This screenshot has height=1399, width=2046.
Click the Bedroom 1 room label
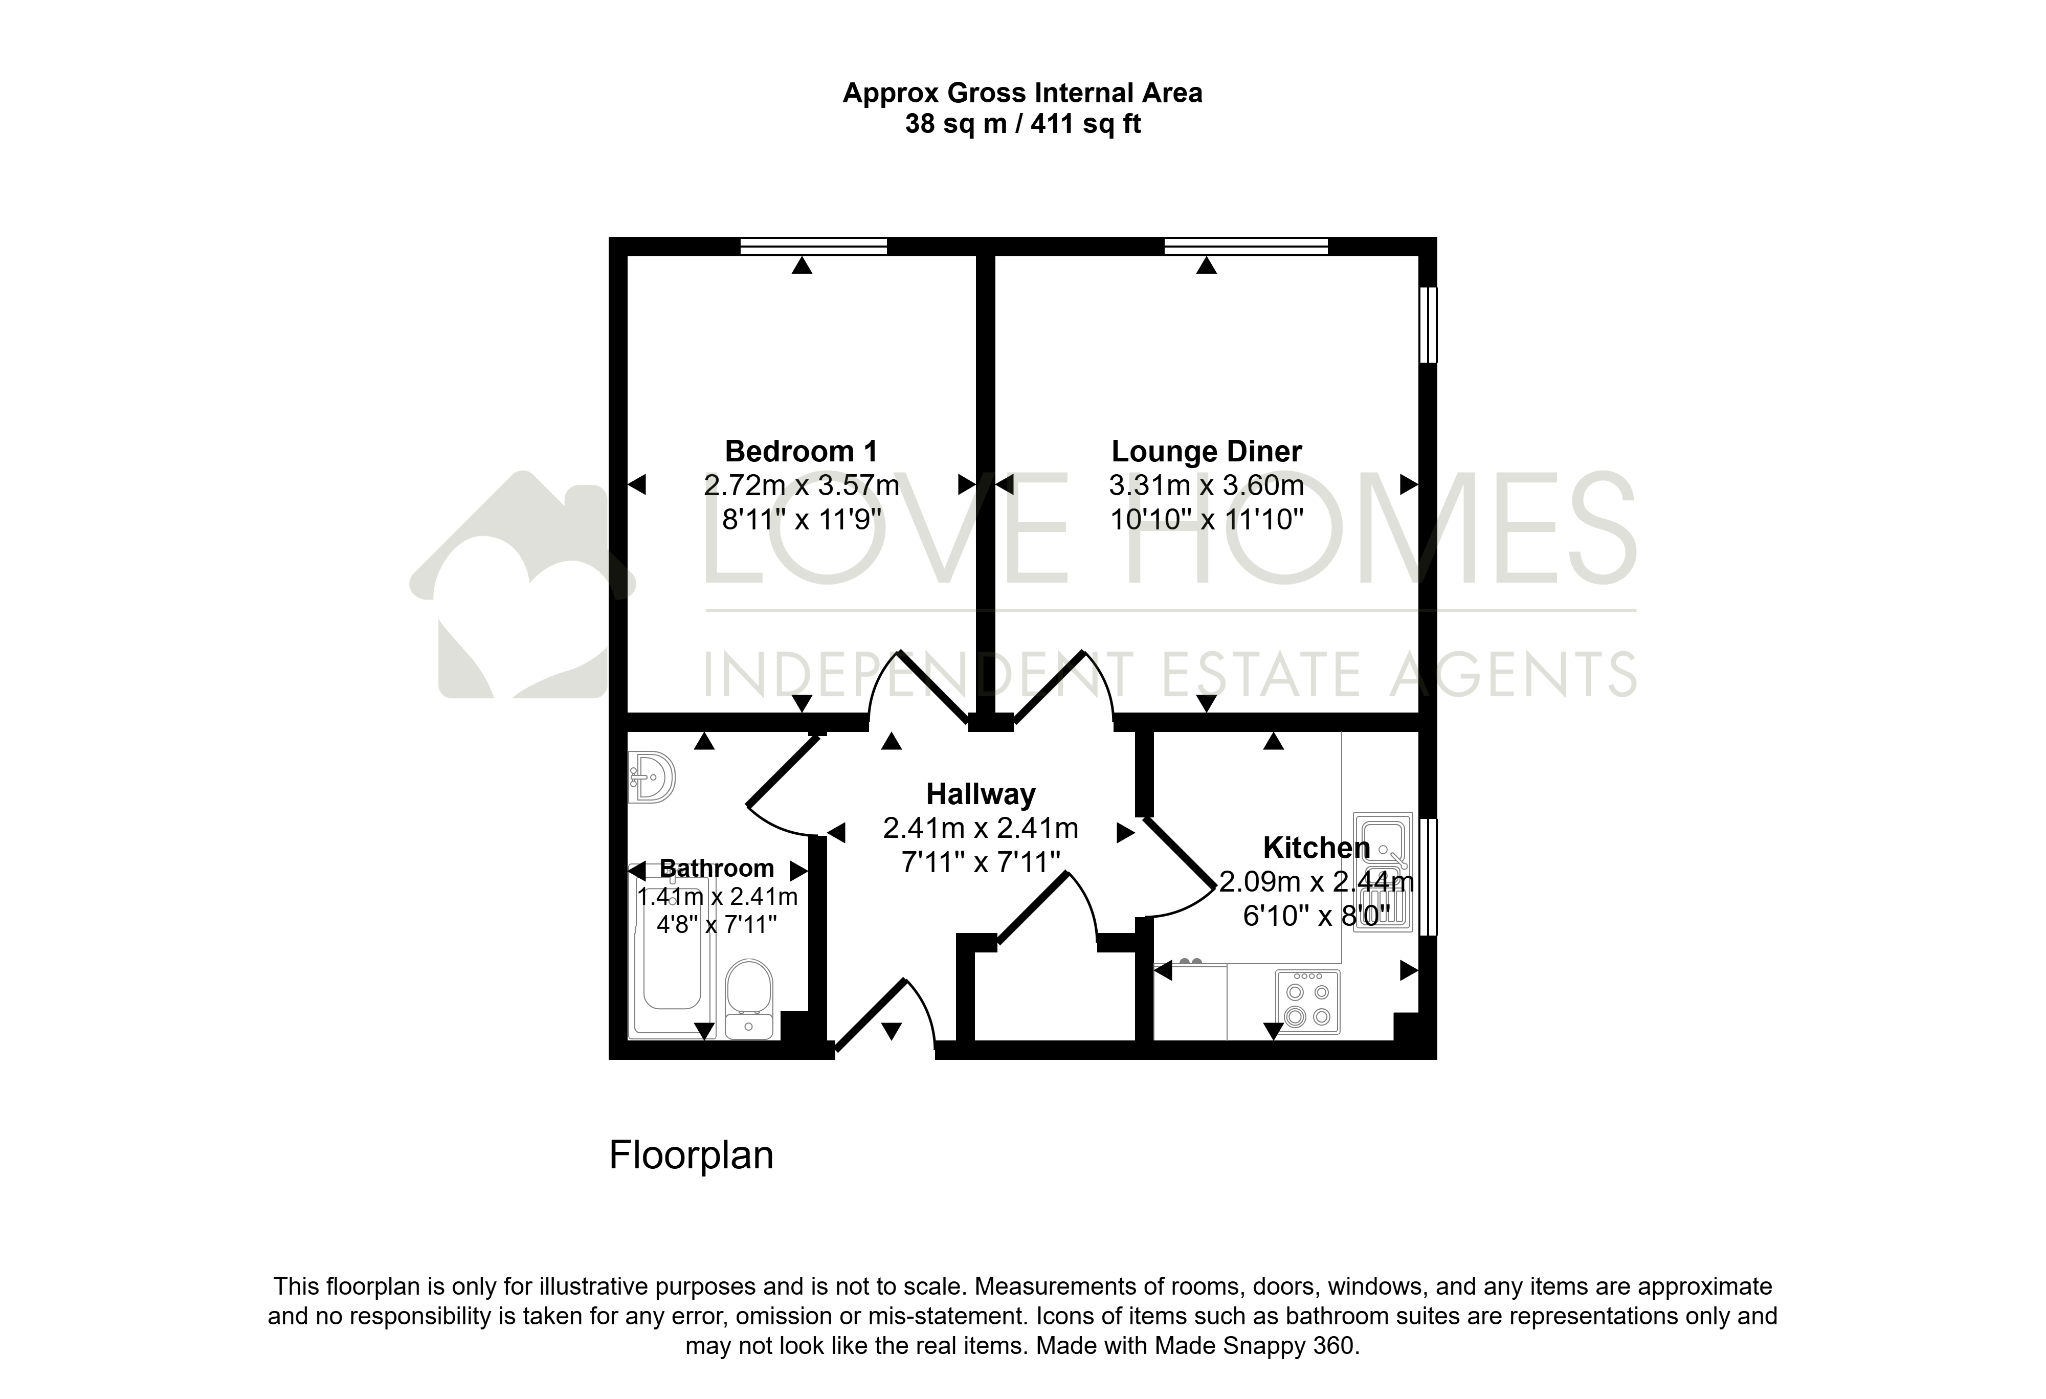[x=801, y=452]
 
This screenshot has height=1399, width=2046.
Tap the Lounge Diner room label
[x=1206, y=452]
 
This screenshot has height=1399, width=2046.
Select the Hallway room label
[x=981, y=794]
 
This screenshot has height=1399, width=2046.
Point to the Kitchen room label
[x=1316, y=848]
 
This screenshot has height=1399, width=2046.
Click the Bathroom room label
[x=717, y=868]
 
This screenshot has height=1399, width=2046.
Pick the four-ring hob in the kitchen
[x=1307, y=1001]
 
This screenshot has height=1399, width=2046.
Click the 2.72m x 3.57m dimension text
[x=801, y=485]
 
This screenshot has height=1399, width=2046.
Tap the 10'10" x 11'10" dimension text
[x=1206, y=520]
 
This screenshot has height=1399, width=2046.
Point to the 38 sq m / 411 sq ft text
[x=1023, y=124]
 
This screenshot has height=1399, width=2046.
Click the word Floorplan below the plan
[x=691, y=1155]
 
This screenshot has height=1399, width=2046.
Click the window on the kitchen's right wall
[x=1428, y=877]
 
